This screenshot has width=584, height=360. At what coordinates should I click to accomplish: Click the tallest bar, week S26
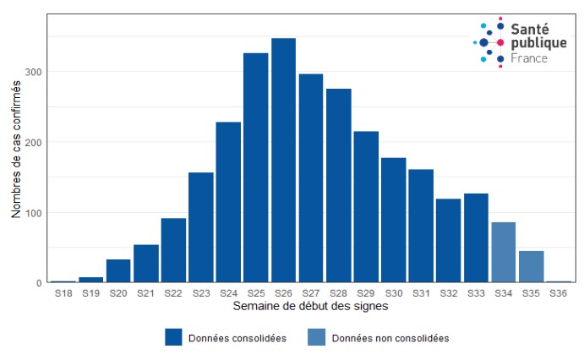coord(283,161)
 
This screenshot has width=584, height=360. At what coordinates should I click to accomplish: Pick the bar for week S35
coord(531,266)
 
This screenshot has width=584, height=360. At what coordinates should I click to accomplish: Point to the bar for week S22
coord(173,250)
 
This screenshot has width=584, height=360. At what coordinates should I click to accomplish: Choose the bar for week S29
coord(366,207)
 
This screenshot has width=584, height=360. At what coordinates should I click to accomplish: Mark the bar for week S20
coord(118,270)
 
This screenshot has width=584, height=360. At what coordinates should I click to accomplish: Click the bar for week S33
coord(476,237)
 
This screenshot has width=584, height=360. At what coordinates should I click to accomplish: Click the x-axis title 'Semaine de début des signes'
coord(310,305)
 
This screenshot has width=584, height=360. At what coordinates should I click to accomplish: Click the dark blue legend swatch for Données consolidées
coord(174,337)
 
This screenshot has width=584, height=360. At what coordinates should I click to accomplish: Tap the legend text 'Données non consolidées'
coord(390,338)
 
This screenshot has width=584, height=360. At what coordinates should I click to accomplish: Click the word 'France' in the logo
coord(529,58)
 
